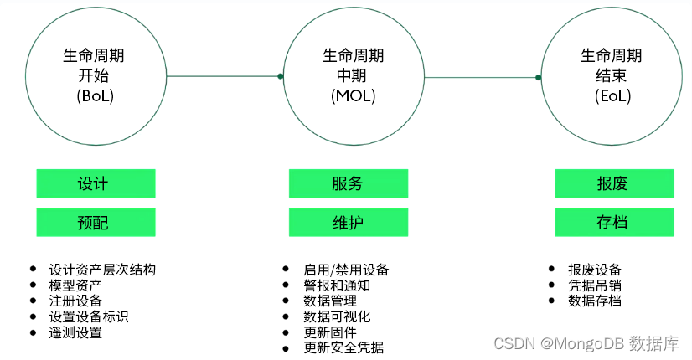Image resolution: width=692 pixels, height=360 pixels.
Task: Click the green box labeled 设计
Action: click(96, 183)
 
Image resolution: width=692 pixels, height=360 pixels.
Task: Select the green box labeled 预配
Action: click(96, 223)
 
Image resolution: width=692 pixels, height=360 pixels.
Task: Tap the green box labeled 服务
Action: click(348, 183)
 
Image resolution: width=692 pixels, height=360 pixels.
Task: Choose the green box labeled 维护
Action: click(348, 223)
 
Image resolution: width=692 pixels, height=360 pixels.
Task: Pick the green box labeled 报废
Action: click(614, 183)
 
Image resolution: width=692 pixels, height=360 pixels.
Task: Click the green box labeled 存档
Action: click(614, 223)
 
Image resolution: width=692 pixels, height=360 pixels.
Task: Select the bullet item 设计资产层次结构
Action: click(102, 270)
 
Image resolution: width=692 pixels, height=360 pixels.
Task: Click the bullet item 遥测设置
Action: click(75, 332)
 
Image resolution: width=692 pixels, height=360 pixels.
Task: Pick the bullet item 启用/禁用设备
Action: click(346, 270)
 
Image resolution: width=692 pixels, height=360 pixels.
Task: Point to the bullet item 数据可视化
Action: click(337, 316)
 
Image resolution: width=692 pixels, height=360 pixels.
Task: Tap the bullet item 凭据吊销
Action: click(595, 285)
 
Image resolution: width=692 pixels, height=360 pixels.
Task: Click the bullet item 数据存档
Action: click(595, 301)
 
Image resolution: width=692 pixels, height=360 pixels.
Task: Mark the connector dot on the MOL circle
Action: click(281, 76)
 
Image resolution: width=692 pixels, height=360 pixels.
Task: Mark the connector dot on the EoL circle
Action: click(539, 76)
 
